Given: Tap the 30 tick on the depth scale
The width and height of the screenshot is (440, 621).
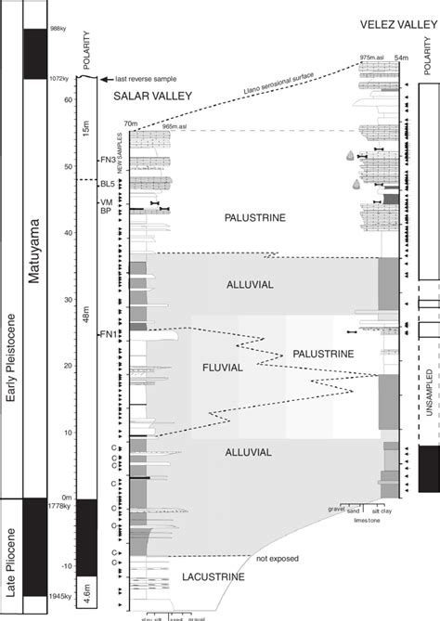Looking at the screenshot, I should [x=69, y=300].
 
